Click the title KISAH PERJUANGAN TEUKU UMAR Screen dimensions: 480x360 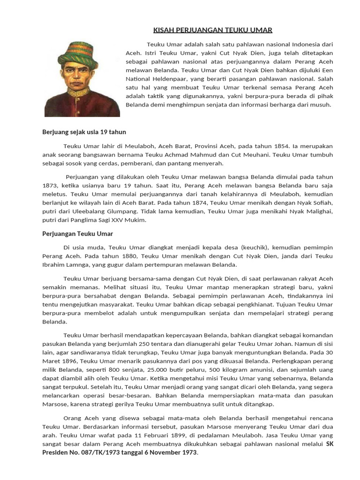pyautogui.click(x=212, y=30)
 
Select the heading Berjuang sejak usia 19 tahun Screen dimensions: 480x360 pyautogui.click(x=84, y=132)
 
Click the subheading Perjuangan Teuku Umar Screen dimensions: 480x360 pyautogui.click(x=77, y=233)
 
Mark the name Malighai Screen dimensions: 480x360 pyautogui.click(x=320, y=211)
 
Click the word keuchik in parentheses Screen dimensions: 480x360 pyautogui.click(x=255, y=247)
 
